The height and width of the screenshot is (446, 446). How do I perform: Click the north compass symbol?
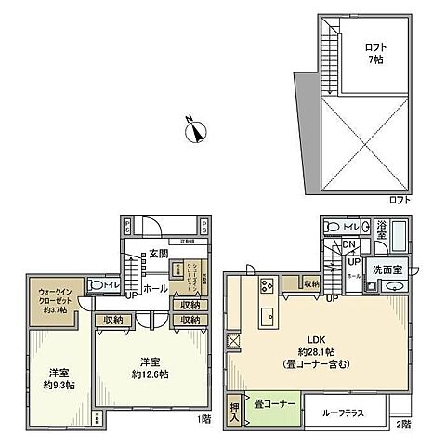coord(195,133)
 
